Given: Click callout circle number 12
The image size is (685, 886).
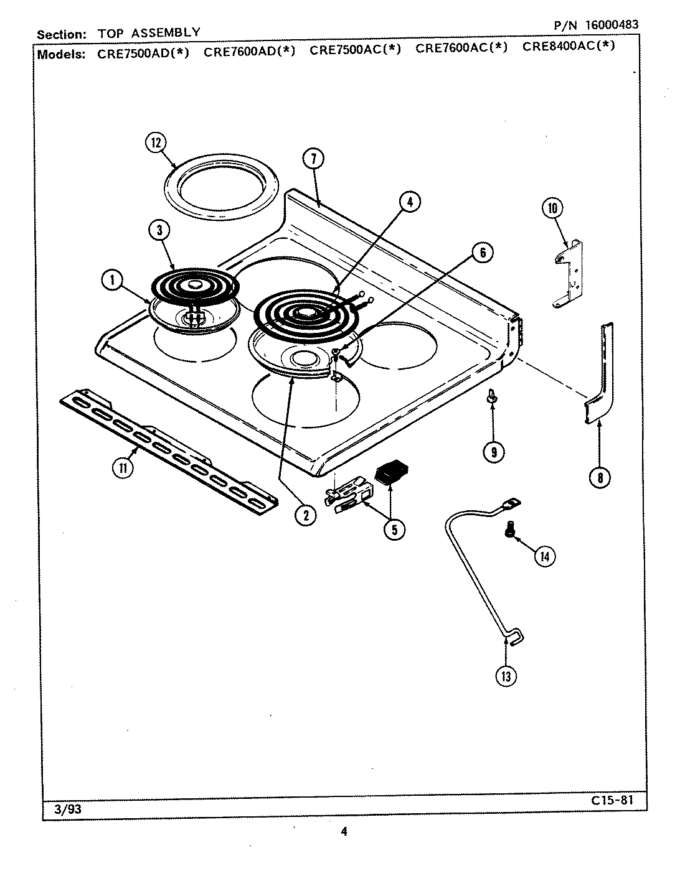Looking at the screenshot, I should coord(155,143).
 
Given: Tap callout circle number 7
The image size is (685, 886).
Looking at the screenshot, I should coord(314,159).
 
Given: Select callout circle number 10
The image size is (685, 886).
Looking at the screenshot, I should coord(552,208).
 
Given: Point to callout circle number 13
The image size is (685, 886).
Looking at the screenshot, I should coord(505,676).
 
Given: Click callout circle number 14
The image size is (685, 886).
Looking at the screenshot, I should coord(544,556).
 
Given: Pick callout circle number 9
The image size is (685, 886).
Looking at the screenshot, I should coord(493,452).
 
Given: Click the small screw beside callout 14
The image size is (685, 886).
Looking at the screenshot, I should coord(509,528).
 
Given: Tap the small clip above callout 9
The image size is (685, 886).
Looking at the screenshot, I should coord(492,397).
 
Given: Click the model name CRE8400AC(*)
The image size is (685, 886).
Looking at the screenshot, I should coord(569,46).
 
